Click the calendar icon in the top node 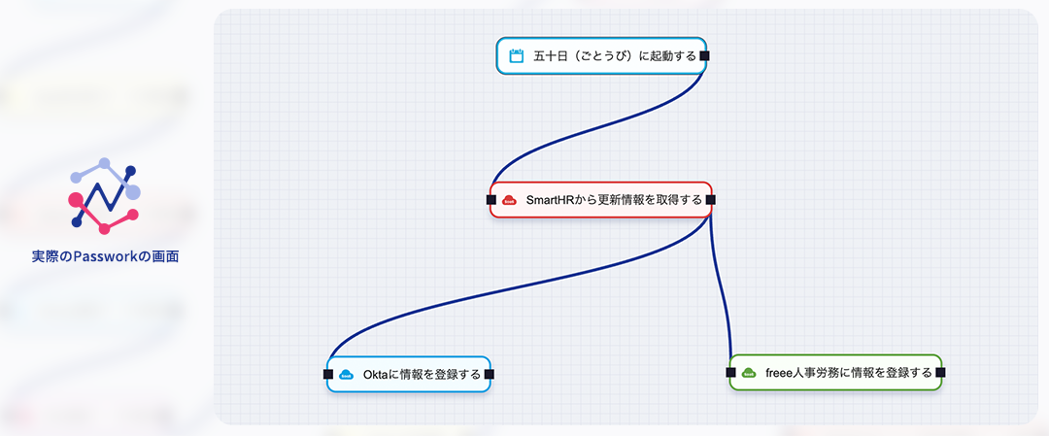[x=516, y=56]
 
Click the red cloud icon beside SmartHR [x=509, y=200]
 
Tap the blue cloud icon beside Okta [x=346, y=374]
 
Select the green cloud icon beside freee [x=749, y=372]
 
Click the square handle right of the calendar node [x=704, y=56]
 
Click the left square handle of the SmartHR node [x=491, y=200]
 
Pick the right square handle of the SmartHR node [x=710, y=200]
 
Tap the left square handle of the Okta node [x=328, y=374]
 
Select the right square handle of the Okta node [x=490, y=374]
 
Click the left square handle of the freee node [x=731, y=372]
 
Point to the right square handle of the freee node [x=940, y=372]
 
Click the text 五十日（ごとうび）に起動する [x=615, y=56]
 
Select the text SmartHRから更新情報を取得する [x=614, y=200]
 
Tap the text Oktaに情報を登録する [x=422, y=374]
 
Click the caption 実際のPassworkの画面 [x=105, y=257]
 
